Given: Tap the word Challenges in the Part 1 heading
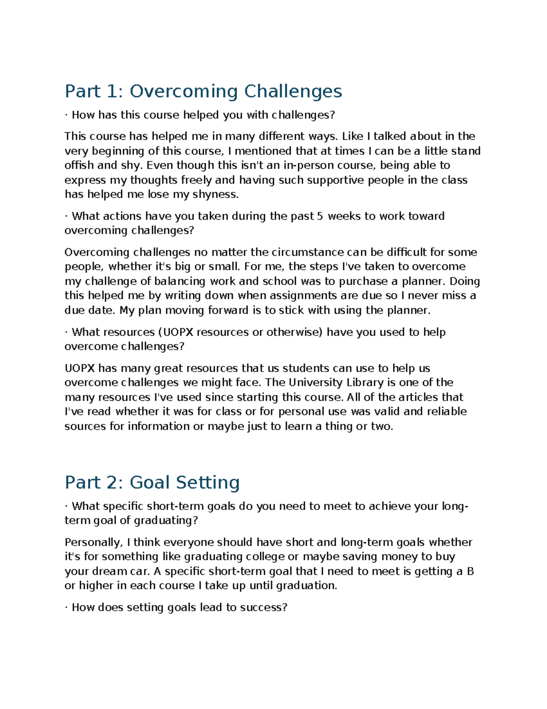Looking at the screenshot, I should tap(293, 92).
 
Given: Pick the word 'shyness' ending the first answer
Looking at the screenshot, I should tap(217, 194).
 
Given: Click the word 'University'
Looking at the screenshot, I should tap(315, 383).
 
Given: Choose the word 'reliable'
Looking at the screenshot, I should tap(447, 412).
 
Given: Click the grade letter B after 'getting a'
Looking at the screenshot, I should tap(470, 572).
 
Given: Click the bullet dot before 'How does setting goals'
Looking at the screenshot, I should tap(67, 608).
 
